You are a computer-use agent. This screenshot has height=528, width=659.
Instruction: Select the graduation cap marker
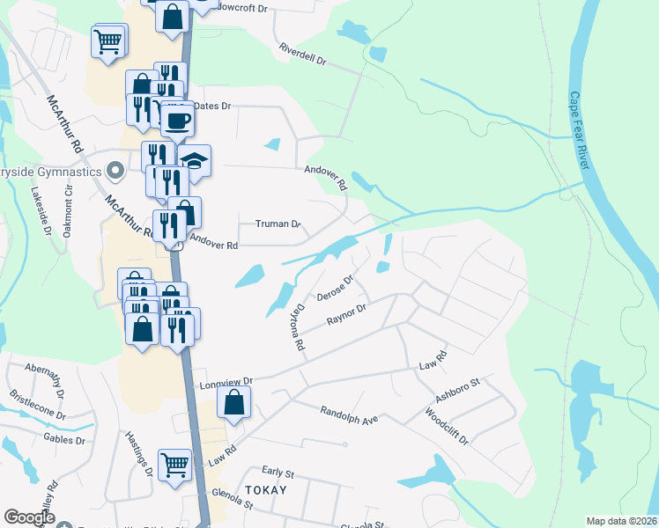[x=194, y=162]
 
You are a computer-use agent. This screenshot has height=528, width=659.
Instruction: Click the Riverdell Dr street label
[x=303, y=55]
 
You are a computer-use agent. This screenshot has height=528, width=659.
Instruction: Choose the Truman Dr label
[x=278, y=224]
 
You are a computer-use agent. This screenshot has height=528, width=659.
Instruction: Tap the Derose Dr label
[x=335, y=286]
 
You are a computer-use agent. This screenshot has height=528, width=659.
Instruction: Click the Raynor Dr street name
[x=346, y=314]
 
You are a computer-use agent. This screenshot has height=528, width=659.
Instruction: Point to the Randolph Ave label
[x=349, y=414]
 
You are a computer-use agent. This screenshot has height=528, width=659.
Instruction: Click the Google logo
[x=29, y=517]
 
